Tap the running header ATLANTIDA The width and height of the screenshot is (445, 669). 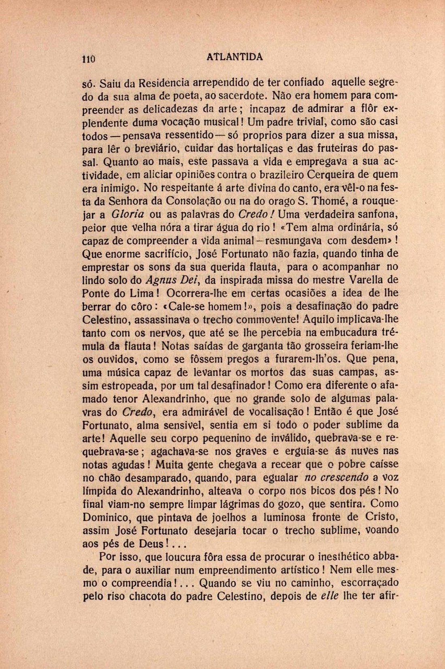point(235,57)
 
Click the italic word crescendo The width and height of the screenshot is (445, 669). point(344,477)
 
